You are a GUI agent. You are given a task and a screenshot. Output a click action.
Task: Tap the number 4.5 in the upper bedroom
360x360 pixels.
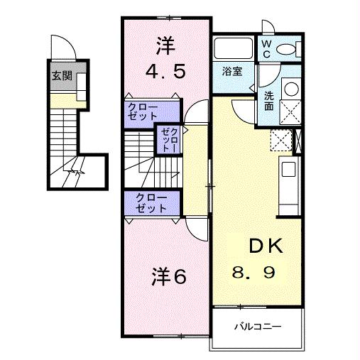tap(166, 72)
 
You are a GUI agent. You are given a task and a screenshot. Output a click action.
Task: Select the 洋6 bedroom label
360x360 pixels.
tap(169, 276)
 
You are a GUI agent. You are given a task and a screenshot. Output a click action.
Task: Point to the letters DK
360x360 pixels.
tap(265, 246)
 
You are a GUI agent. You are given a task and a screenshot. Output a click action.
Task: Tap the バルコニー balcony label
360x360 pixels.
tap(258, 327)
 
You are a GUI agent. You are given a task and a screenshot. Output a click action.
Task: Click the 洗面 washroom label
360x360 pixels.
tap(269, 101)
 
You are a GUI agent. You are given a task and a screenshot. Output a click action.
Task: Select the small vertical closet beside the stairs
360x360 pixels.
tap(166, 139)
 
